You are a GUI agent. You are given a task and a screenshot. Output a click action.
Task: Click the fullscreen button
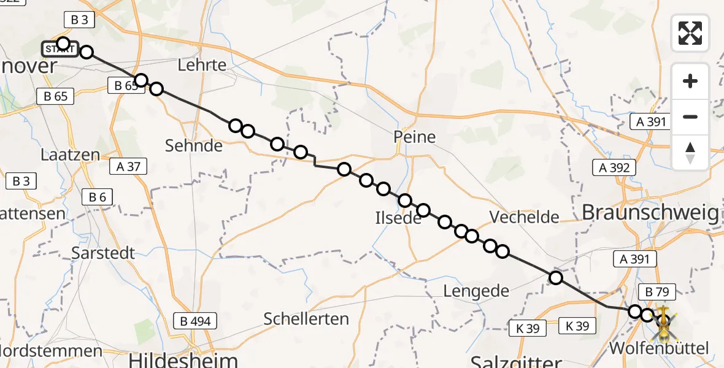tap(690, 33)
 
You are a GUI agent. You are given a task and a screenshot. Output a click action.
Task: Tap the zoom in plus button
tap(690, 81)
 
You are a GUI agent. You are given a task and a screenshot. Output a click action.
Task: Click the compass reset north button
tap(690, 152)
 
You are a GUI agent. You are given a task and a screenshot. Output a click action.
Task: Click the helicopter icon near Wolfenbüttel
tap(664, 324)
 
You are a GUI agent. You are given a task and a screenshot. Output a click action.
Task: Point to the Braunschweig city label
tap(650, 213)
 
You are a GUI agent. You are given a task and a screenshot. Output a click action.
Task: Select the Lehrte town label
tap(201, 65)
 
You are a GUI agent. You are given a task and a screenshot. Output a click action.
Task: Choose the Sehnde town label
tap(194, 145)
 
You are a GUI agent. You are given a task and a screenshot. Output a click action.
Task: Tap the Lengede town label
tap(477, 291)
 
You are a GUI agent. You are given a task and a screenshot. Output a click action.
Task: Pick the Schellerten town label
tap(306, 318)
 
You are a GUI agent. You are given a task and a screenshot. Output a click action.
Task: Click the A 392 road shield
tap(615, 167)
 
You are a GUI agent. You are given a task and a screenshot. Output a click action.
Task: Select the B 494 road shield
tap(196, 320)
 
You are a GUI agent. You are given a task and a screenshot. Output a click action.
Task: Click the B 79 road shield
tap(657, 292)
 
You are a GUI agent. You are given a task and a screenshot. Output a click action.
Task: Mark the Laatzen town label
tap(70, 155)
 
